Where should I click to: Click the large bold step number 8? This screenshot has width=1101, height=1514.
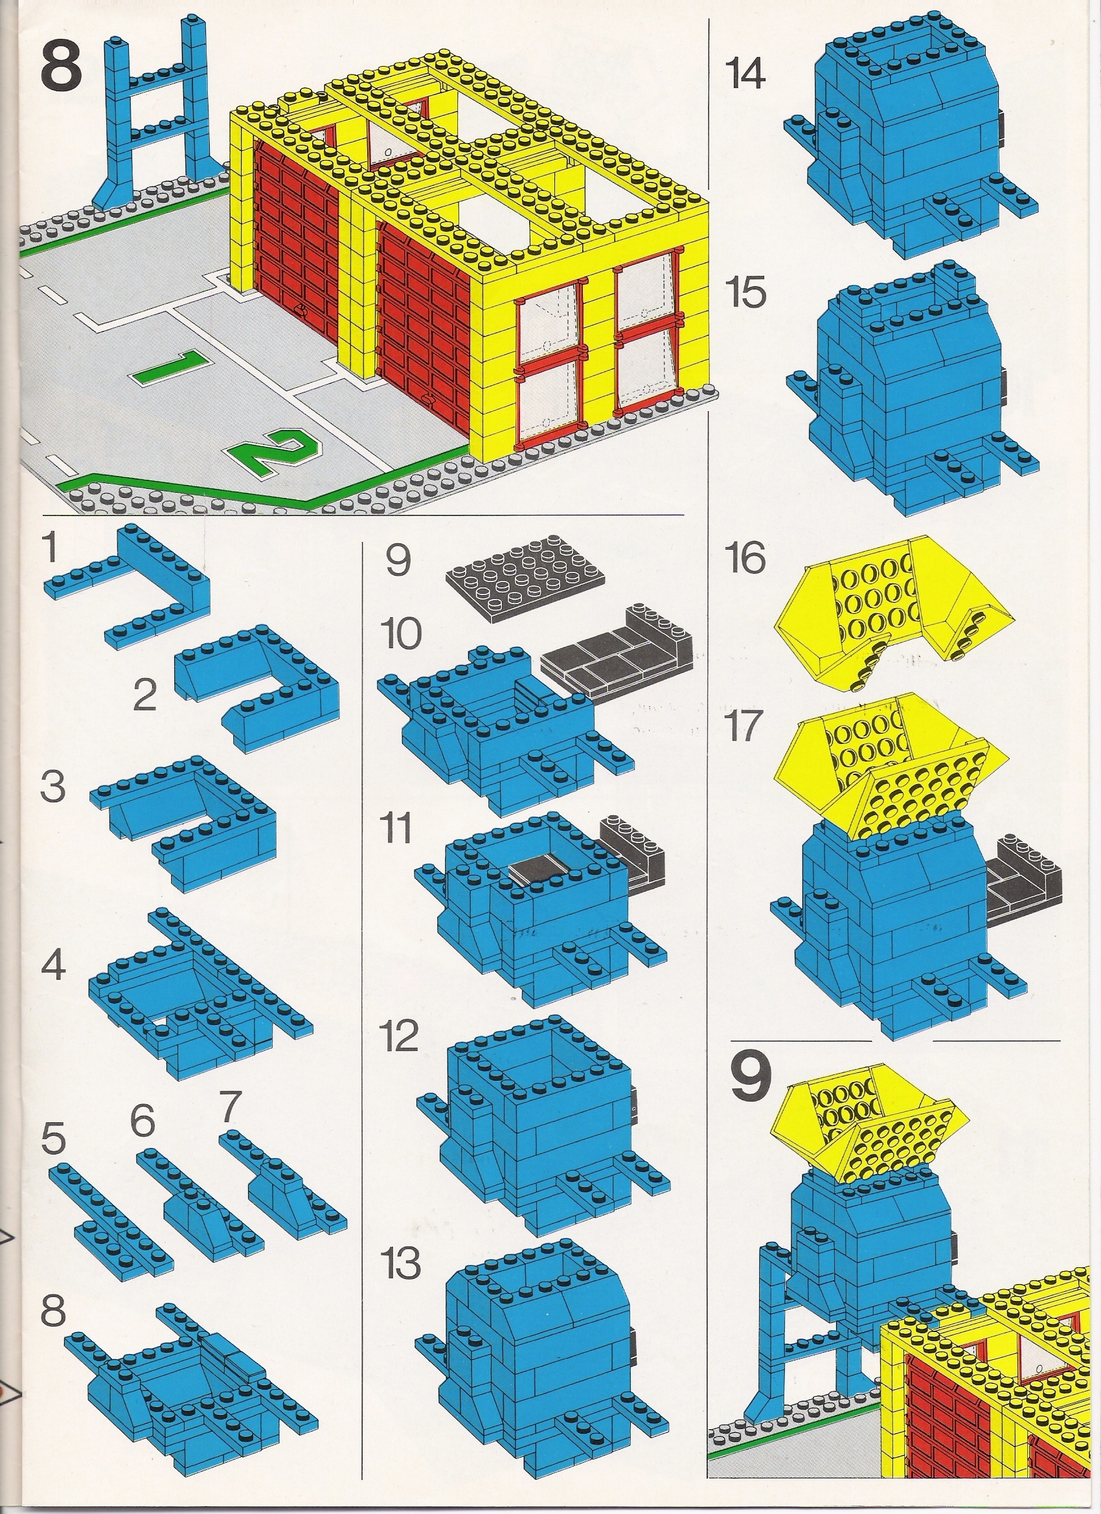pos(61,67)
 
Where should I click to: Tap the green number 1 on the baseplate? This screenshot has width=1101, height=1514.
pos(169,368)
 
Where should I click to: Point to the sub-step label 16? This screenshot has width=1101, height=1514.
pos(747,559)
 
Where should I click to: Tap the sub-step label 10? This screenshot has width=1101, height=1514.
pos(402,633)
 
